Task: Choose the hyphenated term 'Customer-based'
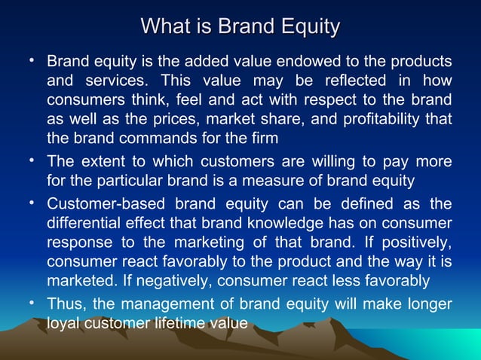pyautogui.click(x=105, y=204)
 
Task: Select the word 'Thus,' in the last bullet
pyautogui.click(x=68, y=305)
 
